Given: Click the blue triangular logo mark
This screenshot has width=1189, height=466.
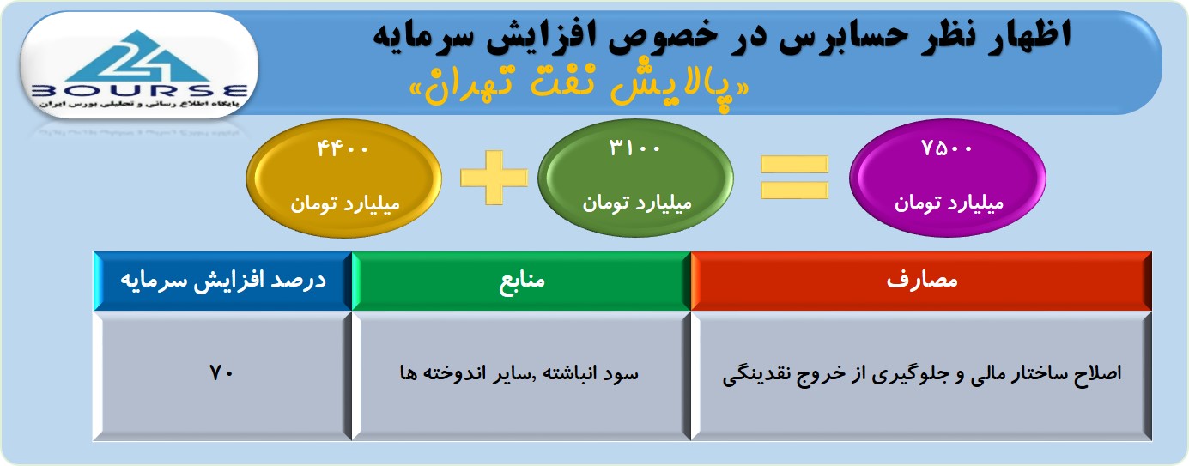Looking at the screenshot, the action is (x=139, y=57).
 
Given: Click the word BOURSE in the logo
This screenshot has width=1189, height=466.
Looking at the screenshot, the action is (x=139, y=91).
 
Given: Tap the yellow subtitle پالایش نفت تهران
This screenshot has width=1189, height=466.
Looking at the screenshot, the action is (x=579, y=88).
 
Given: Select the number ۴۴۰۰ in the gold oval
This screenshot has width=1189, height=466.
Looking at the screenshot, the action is (x=343, y=148).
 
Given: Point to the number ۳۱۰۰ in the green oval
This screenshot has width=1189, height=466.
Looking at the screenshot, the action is (x=634, y=148).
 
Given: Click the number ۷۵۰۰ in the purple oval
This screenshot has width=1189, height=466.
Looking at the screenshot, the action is (x=947, y=148).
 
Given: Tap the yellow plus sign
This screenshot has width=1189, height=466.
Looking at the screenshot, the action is (x=494, y=178).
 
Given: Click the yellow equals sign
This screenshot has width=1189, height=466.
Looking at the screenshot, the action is (x=794, y=178).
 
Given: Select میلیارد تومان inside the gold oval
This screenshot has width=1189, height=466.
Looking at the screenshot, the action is (x=344, y=203).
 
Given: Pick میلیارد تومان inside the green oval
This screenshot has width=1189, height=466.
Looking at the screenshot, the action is (x=637, y=203).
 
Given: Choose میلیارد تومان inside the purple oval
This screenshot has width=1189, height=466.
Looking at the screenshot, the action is (x=949, y=203).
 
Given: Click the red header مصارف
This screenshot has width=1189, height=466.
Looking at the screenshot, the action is (x=922, y=280).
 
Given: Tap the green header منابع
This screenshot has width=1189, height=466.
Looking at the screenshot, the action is (x=522, y=280).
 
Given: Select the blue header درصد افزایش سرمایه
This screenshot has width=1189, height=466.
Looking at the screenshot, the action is (x=223, y=281).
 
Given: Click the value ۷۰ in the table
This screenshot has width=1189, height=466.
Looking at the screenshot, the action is (x=221, y=373).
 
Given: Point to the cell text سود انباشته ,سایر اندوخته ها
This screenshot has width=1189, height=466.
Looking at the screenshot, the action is (x=519, y=373).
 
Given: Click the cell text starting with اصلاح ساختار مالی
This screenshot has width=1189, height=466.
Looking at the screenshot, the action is (x=921, y=374).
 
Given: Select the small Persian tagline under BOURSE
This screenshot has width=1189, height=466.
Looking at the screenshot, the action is (x=139, y=105).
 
